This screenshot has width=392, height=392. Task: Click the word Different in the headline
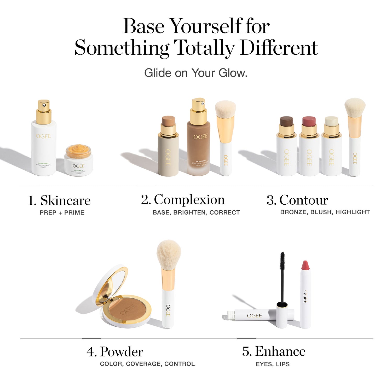279,48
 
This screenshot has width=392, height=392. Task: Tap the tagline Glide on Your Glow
196,73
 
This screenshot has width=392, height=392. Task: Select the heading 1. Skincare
59,200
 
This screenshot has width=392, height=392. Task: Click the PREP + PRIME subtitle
62,213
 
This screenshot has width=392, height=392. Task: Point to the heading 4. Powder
115,351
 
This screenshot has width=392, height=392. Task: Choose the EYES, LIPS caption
273,364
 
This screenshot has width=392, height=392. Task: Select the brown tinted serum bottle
198,149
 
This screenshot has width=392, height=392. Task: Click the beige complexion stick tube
168,154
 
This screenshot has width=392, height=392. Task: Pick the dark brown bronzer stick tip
286,121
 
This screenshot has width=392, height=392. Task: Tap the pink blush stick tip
309,121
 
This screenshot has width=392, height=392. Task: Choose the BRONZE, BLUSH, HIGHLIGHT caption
325,212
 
